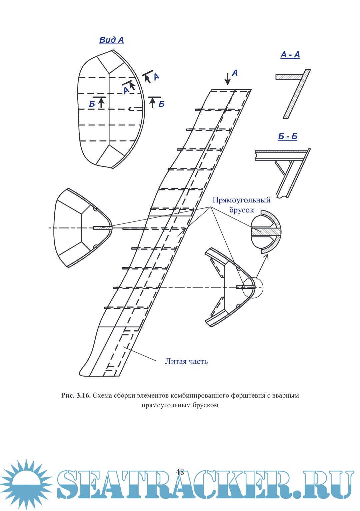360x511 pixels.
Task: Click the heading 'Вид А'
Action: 111,40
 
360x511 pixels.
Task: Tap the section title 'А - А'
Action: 290,55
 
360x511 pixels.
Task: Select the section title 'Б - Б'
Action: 288,136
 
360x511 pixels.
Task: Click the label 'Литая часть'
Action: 186,362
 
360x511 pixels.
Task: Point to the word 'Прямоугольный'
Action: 241,200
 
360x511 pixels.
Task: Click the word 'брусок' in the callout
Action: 241,210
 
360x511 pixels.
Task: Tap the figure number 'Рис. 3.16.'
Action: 76,396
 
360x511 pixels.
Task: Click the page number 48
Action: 180,472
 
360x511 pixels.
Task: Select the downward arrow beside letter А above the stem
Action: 227,79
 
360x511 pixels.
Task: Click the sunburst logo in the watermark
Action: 26,484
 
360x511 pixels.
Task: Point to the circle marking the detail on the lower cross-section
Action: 252,288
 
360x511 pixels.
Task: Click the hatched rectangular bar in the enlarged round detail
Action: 266,231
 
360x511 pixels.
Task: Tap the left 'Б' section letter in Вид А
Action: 92,104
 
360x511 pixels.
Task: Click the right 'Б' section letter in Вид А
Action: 162,104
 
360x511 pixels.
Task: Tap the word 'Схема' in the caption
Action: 102,396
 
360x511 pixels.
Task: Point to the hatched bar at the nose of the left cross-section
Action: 102,228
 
